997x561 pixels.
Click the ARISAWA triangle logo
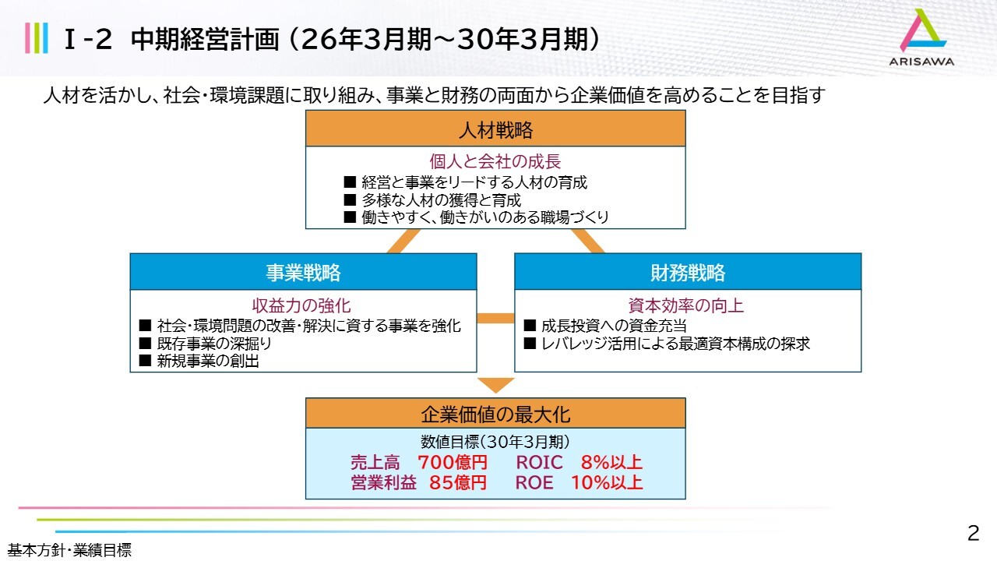(x=922, y=30)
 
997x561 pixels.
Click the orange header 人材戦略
(x=495, y=129)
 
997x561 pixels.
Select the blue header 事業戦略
(x=303, y=272)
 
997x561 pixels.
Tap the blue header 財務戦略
(x=688, y=272)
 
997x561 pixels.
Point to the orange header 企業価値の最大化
(x=495, y=414)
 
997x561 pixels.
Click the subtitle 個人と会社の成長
(x=495, y=161)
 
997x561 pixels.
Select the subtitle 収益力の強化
(x=301, y=305)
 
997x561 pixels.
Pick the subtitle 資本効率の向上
(x=686, y=305)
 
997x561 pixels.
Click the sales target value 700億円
(x=453, y=462)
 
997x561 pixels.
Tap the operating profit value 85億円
(x=458, y=482)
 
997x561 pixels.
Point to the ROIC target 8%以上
(x=611, y=462)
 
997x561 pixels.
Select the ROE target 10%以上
(x=607, y=482)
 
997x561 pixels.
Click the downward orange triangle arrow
(x=496, y=385)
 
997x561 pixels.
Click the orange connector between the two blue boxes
(x=495, y=318)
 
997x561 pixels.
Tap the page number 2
(x=974, y=534)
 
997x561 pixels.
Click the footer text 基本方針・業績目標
(x=69, y=551)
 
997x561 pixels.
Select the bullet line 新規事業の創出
(x=199, y=361)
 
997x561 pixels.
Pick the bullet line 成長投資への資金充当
(x=605, y=326)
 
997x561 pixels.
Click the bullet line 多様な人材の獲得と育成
(x=432, y=200)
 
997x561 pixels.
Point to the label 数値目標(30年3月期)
(x=495, y=442)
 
